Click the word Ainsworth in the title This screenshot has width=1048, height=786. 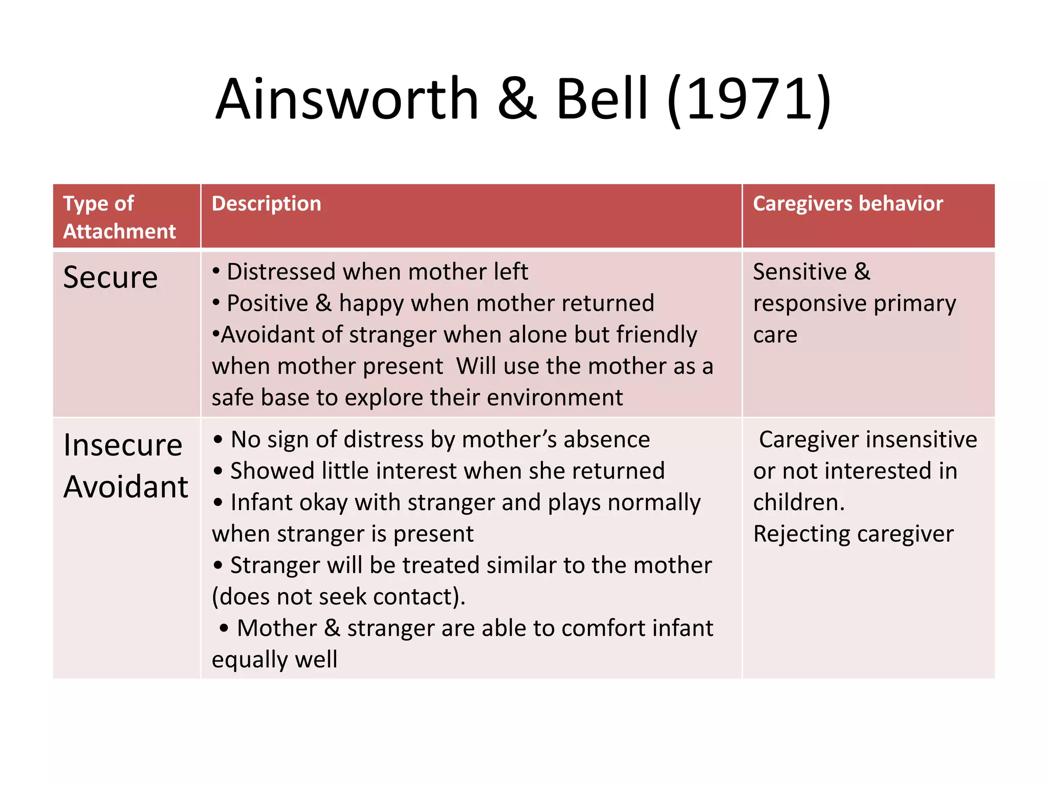pos(347,99)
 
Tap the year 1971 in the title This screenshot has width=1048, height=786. pos(750,99)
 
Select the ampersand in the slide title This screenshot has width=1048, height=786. pos(517,99)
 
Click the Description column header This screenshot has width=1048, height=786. pos(266,204)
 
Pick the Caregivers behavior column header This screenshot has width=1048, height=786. pos(847,204)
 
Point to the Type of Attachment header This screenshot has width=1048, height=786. pos(119,217)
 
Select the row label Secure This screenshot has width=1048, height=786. pos(110,278)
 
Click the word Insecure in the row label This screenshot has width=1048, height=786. pos(123,445)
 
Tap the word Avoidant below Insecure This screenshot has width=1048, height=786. pos(126,487)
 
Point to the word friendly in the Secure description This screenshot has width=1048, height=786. pos(656,335)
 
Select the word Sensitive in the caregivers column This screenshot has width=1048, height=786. pos(800,272)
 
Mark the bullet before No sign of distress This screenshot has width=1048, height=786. pos(219,440)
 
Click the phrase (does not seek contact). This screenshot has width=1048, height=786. pos(338,597)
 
